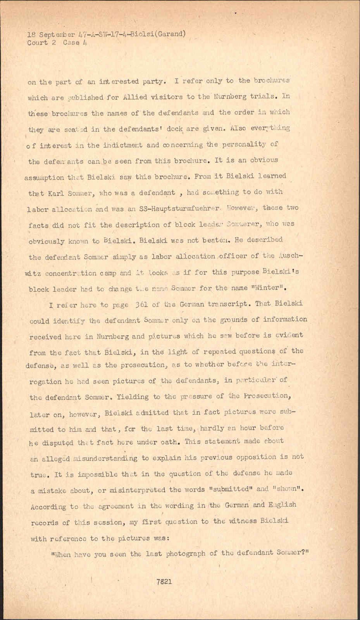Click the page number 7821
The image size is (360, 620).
click(164, 582)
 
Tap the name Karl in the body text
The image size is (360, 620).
click(56, 193)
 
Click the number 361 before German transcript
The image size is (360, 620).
click(141, 304)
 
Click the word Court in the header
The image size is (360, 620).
click(38, 43)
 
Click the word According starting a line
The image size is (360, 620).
click(48, 506)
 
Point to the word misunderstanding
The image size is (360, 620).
click(105, 458)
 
